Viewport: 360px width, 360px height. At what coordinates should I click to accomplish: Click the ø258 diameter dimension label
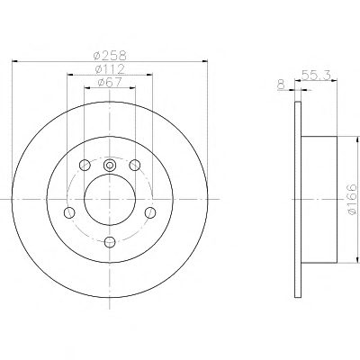click(x=110, y=56)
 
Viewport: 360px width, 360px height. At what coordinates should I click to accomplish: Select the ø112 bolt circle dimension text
click(x=110, y=69)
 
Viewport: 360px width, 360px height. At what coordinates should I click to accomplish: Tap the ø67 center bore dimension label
click(x=110, y=83)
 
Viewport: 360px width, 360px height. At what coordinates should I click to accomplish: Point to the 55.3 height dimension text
click(x=316, y=75)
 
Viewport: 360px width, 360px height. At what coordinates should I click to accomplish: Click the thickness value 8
click(x=281, y=85)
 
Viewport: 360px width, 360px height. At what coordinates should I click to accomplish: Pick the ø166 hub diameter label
click(x=352, y=199)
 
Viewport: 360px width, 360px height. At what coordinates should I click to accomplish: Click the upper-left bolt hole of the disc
click(x=85, y=165)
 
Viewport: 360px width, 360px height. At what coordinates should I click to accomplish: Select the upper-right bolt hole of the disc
click(x=135, y=165)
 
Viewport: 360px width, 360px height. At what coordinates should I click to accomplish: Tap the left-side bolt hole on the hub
click(x=69, y=212)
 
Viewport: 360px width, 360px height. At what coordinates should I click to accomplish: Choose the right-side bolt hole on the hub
click(x=150, y=212)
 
